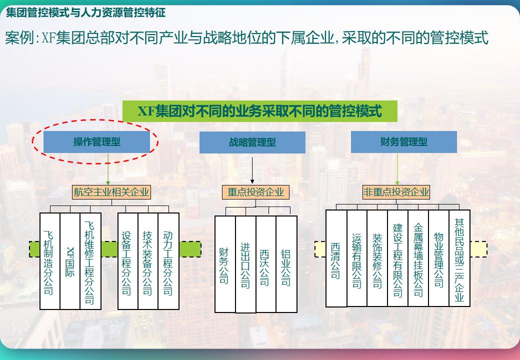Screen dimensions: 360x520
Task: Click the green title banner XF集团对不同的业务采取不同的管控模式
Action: pyautogui.click(x=260, y=111)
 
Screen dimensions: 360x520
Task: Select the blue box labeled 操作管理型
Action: pyautogui.click(x=96, y=142)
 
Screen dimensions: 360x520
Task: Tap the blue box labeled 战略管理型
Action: pyautogui.click(x=252, y=142)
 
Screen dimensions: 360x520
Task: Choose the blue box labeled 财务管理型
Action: pyautogui.click(x=403, y=142)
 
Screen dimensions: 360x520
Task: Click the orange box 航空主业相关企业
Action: pyautogui.click(x=111, y=192)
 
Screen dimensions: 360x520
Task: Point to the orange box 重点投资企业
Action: pyautogui.click(x=255, y=192)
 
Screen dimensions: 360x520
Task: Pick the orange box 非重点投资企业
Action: pyautogui.click(x=396, y=192)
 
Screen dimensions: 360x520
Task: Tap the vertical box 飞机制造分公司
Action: pyautogui.click(x=49, y=261)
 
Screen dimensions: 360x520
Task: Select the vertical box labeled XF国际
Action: pyautogui.click(x=70, y=261)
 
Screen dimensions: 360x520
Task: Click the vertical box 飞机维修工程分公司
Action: pyautogui.click(x=90, y=261)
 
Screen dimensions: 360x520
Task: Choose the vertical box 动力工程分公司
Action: pyautogui.click(x=168, y=261)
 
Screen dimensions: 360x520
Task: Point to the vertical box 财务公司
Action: pyautogui.click(x=225, y=264)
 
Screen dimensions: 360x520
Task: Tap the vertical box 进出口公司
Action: pyautogui.click(x=245, y=264)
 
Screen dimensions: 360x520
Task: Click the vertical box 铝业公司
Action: pyautogui.click(x=286, y=264)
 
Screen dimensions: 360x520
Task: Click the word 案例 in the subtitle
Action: pyautogui.click(x=18, y=38)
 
